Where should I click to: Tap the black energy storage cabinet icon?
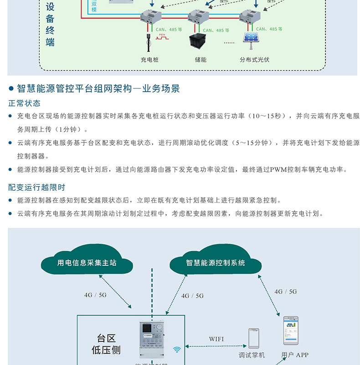point(198,41)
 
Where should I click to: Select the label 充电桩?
point(149,60)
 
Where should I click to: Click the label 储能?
point(201,60)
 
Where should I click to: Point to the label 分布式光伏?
point(255,60)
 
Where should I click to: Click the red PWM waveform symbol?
point(162,37)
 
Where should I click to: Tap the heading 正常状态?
point(24,103)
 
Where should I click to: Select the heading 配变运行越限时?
point(36,187)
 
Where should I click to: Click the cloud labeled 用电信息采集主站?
point(87,263)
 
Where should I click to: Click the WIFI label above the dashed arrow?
point(216,339)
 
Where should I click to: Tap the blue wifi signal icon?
point(177,350)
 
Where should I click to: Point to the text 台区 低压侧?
point(106,344)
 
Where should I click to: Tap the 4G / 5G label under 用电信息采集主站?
point(95,295)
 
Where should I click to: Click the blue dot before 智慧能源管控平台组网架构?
point(11,88)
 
